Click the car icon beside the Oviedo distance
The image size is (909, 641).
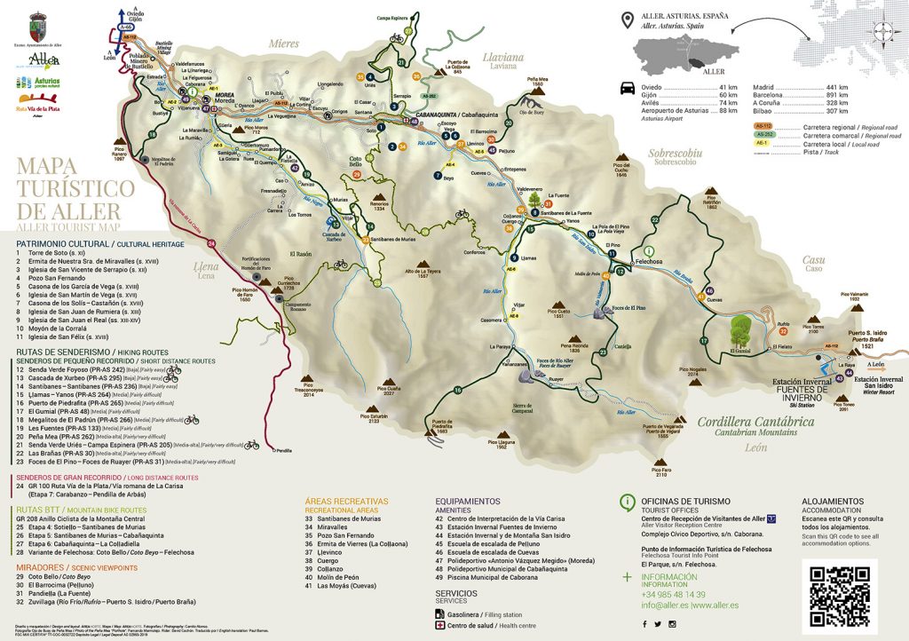628,88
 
